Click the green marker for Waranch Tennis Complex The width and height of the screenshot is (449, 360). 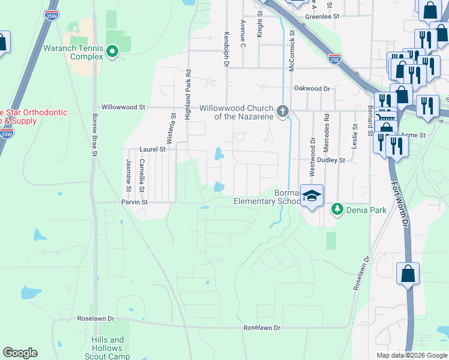click(x=112, y=53)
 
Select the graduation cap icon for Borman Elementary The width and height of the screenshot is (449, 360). click(x=312, y=196)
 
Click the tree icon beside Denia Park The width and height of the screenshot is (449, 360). click(x=337, y=209)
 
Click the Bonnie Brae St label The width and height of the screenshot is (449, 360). click(x=94, y=135)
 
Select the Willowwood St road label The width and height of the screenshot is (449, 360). click(x=123, y=107)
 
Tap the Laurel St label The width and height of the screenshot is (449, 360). click(x=152, y=149)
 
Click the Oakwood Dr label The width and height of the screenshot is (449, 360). click(x=312, y=88)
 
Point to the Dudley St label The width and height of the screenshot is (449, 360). click(x=331, y=160)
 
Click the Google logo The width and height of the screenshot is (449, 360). click(x=20, y=353)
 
